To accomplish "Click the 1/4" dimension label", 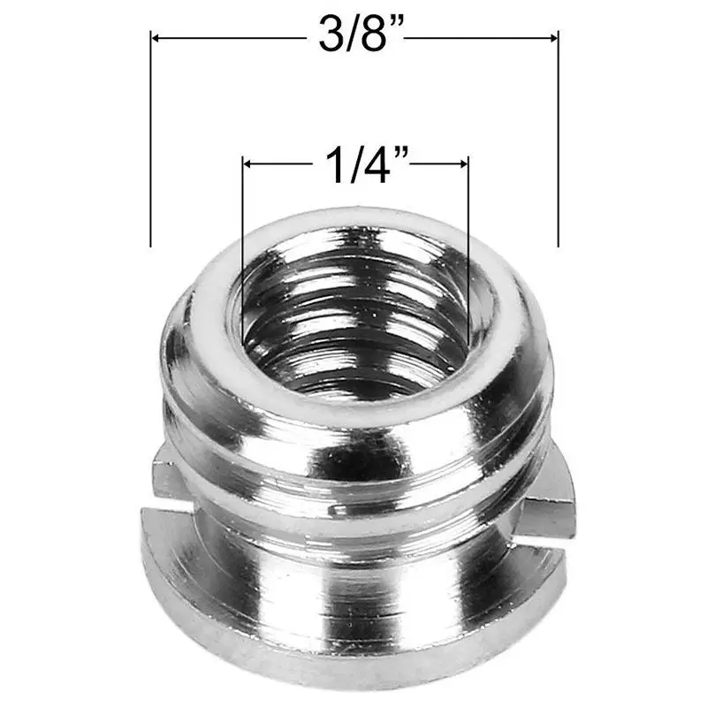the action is click(363, 164).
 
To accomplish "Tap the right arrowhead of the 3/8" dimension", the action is click(554, 38).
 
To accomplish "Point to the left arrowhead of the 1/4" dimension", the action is click(247, 164).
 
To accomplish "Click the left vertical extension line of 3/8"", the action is click(150, 139).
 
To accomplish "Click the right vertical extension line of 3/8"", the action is click(559, 139).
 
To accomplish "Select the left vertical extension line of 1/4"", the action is click(242, 250).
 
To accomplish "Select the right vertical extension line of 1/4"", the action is click(469, 250).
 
